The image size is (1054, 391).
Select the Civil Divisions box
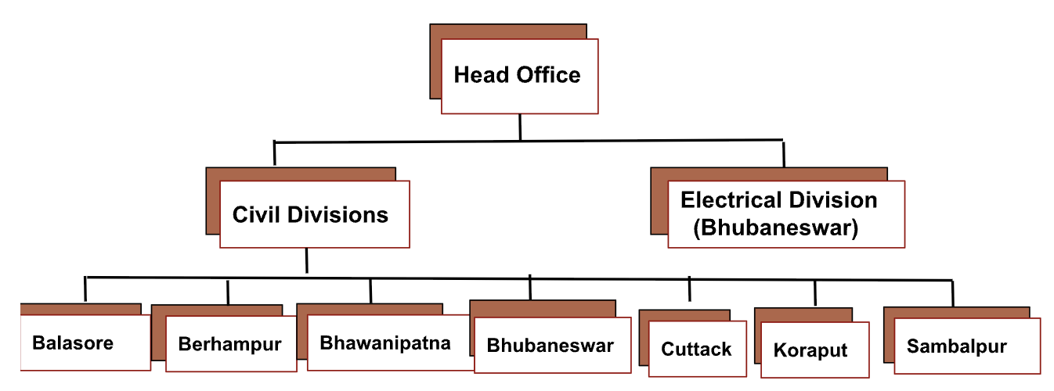[314, 214]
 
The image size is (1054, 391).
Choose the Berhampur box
[229, 344]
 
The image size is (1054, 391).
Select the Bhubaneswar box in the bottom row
[551, 345]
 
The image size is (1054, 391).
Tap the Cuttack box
[696, 349]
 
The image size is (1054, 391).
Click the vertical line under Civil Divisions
[306, 261]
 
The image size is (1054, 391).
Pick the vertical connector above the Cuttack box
[690, 289]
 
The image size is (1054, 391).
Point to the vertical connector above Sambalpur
[953, 293]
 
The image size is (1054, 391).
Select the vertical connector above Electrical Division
[783, 153]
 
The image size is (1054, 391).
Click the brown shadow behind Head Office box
[435, 63]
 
